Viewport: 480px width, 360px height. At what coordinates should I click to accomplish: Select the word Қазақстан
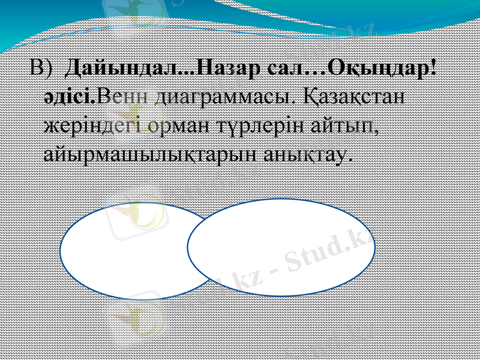pos(355,97)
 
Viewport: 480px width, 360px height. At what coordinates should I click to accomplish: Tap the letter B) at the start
pos(42,70)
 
